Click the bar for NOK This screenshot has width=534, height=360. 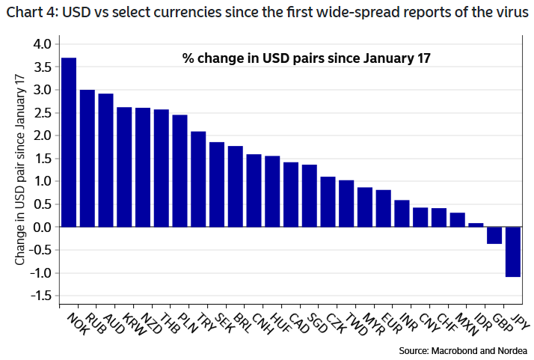[69, 142]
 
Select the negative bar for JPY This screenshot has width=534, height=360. [513, 251]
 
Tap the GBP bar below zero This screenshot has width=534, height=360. [494, 235]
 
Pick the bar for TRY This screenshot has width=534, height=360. [198, 179]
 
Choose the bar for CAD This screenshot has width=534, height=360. [291, 195]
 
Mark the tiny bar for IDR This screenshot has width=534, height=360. [476, 225]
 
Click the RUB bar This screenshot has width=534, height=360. [88, 158]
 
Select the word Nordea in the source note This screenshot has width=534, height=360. [512, 350]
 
